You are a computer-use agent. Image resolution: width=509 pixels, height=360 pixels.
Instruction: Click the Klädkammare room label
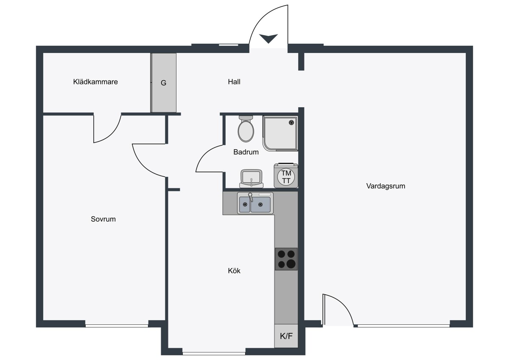(x=95, y=82)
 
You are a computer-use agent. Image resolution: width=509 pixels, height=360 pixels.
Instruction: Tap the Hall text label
(x=234, y=82)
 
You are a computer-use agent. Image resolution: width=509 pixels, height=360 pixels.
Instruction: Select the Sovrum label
(x=103, y=219)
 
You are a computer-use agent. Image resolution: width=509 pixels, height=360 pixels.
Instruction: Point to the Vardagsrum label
(x=386, y=186)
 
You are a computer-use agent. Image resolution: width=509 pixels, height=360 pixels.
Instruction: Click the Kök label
(x=234, y=271)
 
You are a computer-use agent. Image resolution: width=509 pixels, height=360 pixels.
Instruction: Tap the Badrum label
(x=246, y=152)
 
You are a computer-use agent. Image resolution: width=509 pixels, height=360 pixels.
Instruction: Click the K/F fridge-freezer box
(x=286, y=336)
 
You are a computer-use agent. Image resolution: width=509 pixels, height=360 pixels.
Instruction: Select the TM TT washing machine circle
(x=286, y=177)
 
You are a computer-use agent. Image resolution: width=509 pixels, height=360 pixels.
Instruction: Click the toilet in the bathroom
(x=246, y=129)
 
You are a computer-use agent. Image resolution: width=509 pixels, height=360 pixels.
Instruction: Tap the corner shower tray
(x=280, y=133)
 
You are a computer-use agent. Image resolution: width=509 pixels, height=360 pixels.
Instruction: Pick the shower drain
(x=291, y=123)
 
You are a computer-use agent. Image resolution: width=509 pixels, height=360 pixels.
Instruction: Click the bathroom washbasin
(x=251, y=179)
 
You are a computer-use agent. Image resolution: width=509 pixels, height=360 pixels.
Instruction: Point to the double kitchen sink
(x=255, y=203)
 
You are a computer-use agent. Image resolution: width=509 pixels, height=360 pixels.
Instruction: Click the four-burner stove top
(x=286, y=259)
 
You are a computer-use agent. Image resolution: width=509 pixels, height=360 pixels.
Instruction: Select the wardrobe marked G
(x=164, y=83)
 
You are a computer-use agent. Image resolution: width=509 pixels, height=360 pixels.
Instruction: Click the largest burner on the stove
(x=291, y=264)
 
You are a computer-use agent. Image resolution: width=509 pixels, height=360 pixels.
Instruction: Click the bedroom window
(x=117, y=326)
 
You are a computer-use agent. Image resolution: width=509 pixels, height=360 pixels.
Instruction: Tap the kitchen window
(x=214, y=354)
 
